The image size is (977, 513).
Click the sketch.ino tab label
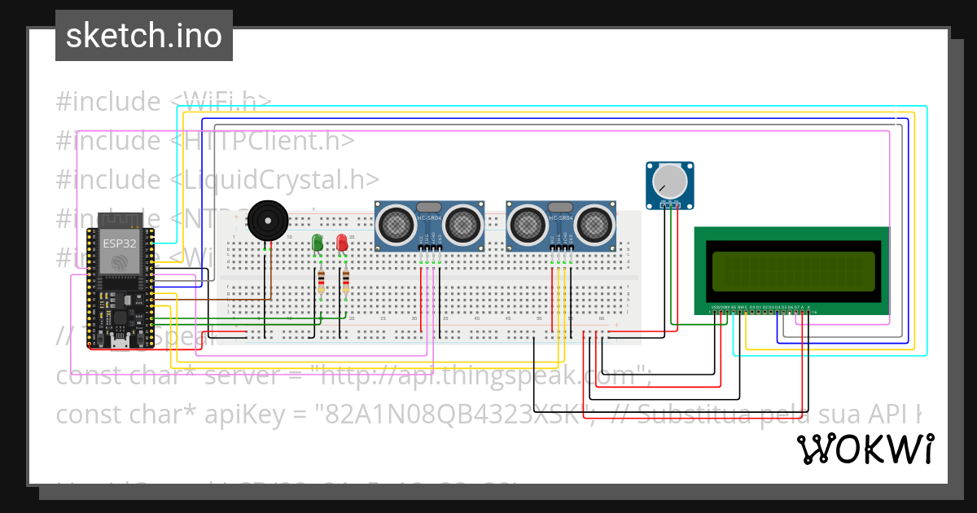(144, 36)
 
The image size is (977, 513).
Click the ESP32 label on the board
(119, 243)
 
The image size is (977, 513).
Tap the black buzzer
(268, 220)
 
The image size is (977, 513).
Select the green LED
(318, 243)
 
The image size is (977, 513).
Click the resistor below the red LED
(346, 282)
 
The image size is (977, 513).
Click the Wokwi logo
(865, 449)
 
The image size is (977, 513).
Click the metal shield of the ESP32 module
(119, 252)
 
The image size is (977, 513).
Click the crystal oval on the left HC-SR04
(430, 208)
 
